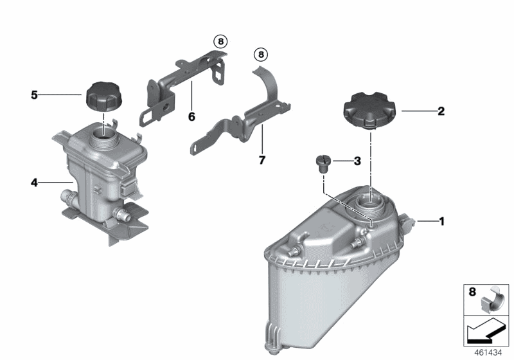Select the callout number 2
[x=440, y=111]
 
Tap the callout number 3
[x=357, y=161]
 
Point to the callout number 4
[x=34, y=183]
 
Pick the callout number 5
[x=34, y=95]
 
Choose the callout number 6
[x=191, y=117]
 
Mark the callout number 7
[x=261, y=159]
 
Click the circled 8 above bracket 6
[x=220, y=42]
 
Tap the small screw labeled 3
[x=323, y=162]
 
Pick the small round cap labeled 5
[x=103, y=96]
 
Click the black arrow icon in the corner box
[x=484, y=331]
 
